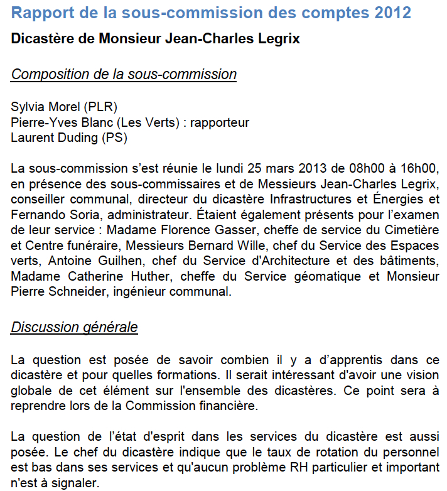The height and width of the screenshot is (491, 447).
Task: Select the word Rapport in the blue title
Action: point(42,13)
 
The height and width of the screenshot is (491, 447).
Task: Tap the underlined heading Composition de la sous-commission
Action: point(124,74)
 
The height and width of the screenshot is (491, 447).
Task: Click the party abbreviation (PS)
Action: point(109,138)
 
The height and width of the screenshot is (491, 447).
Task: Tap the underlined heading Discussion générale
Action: point(74,327)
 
